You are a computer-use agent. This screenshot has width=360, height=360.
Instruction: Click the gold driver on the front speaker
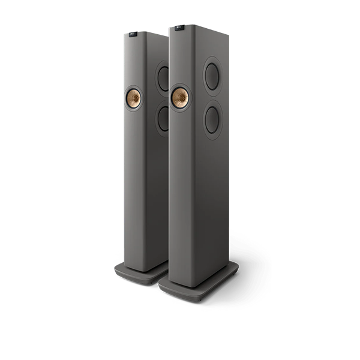[x=179, y=98]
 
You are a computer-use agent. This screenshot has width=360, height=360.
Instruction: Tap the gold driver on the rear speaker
[x=133, y=97]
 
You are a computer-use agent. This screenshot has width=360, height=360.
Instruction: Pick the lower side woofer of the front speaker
[x=212, y=120]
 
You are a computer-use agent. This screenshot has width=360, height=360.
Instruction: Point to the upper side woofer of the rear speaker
[x=163, y=78]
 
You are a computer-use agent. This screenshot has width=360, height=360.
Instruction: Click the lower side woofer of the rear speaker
[x=163, y=118]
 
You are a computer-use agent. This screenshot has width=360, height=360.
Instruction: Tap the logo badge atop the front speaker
[x=179, y=28]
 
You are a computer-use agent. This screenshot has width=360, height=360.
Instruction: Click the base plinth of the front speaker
[x=198, y=282]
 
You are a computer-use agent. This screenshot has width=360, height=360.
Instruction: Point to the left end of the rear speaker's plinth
[x=116, y=266]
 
